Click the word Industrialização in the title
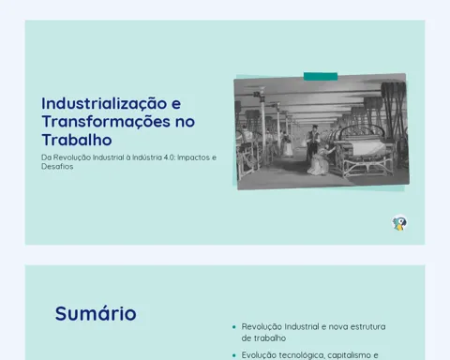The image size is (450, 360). click(104, 103)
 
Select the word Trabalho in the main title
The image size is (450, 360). click(77, 140)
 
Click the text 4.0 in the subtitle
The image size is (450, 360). click(169, 157)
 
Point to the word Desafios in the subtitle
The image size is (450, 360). click(57, 167)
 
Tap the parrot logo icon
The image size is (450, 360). click(399, 223)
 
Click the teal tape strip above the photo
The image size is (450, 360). click(321, 76)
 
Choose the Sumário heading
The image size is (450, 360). click(96, 313)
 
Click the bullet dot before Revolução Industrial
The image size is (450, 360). click(234, 327)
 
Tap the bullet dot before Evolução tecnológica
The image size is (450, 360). click(234, 355)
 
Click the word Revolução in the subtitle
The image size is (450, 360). click(72, 157)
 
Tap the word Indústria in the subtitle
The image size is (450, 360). click(147, 157)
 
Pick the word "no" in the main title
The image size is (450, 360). click(185, 122)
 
